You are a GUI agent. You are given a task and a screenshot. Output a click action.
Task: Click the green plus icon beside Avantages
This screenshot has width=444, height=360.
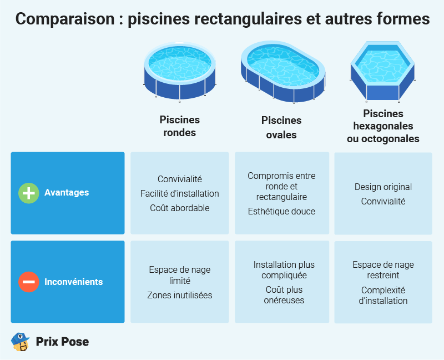tap(29, 193)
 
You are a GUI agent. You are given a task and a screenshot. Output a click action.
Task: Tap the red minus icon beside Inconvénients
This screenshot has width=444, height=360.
tap(29, 282)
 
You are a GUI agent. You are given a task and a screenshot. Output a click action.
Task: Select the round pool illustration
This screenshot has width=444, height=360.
tap(180, 72)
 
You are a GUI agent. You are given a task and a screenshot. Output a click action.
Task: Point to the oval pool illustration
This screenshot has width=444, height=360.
tap(283, 72)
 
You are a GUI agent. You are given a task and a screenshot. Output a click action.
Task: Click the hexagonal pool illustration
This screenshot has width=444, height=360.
tap(382, 72)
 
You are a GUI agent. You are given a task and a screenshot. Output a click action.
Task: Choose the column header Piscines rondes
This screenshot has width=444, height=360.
tap(179, 126)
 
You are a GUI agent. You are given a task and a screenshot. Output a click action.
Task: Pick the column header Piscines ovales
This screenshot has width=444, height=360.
tap(281, 127)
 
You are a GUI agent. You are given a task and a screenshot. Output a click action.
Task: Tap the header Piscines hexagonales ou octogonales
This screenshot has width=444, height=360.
tap(383, 126)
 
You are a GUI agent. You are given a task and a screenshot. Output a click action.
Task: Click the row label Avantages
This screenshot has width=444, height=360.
tap(67, 192)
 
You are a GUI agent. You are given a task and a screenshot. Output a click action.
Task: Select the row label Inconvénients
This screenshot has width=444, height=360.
tap(74, 282)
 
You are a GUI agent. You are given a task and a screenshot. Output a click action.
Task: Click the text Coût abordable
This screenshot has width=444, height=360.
tap(180, 208)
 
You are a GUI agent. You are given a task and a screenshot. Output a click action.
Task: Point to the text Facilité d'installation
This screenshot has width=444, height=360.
tap(180, 193)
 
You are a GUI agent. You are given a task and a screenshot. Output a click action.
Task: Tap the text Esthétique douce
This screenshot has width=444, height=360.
tap(281, 211)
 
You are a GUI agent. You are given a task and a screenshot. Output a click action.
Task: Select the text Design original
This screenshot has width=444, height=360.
tap(383, 187)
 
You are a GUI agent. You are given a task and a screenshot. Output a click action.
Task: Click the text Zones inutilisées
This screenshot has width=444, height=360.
tap(180, 295)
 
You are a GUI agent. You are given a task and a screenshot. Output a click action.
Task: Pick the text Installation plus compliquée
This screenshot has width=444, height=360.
tap(284, 270)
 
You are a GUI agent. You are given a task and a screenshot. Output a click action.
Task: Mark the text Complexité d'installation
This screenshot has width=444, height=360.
tap(383, 296)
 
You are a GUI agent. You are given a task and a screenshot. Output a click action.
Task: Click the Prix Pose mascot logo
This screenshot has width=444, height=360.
tap(20, 342)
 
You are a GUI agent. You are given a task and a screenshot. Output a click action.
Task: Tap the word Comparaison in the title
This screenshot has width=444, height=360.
tap(65, 19)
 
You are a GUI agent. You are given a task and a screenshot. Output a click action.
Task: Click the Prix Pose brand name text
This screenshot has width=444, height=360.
tap(62, 342)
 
